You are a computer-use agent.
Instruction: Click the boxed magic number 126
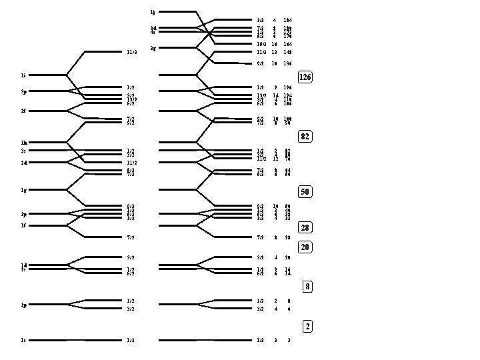(x=305, y=77)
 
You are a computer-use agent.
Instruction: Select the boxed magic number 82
(x=305, y=137)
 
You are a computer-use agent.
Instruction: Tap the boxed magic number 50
(x=305, y=192)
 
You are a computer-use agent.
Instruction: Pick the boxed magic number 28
(x=305, y=228)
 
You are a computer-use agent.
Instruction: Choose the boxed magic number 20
(x=305, y=247)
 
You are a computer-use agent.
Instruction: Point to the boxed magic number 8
(x=307, y=287)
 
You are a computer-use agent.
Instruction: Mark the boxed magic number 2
(x=307, y=327)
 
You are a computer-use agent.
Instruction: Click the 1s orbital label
(x=23, y=340)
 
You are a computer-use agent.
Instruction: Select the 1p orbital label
(x=23, y=305)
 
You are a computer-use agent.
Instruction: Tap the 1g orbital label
(x=23, y=190)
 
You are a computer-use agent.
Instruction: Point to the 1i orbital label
(x=23, y=75)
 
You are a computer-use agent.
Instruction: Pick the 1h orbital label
(x=23, y=143)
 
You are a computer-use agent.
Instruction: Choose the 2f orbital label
(x=23, y=111)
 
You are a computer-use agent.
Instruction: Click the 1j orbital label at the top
(x=153, y=12)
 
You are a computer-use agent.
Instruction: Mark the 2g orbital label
(x=153, y=48)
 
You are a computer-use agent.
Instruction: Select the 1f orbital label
(x=23, y=225)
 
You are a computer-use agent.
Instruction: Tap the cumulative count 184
(x=287, y=21)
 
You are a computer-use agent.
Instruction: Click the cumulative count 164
(x=287, y=44)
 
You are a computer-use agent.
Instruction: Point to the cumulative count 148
(x=287, y=52)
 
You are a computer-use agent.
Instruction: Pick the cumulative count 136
(x=287, y=64)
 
